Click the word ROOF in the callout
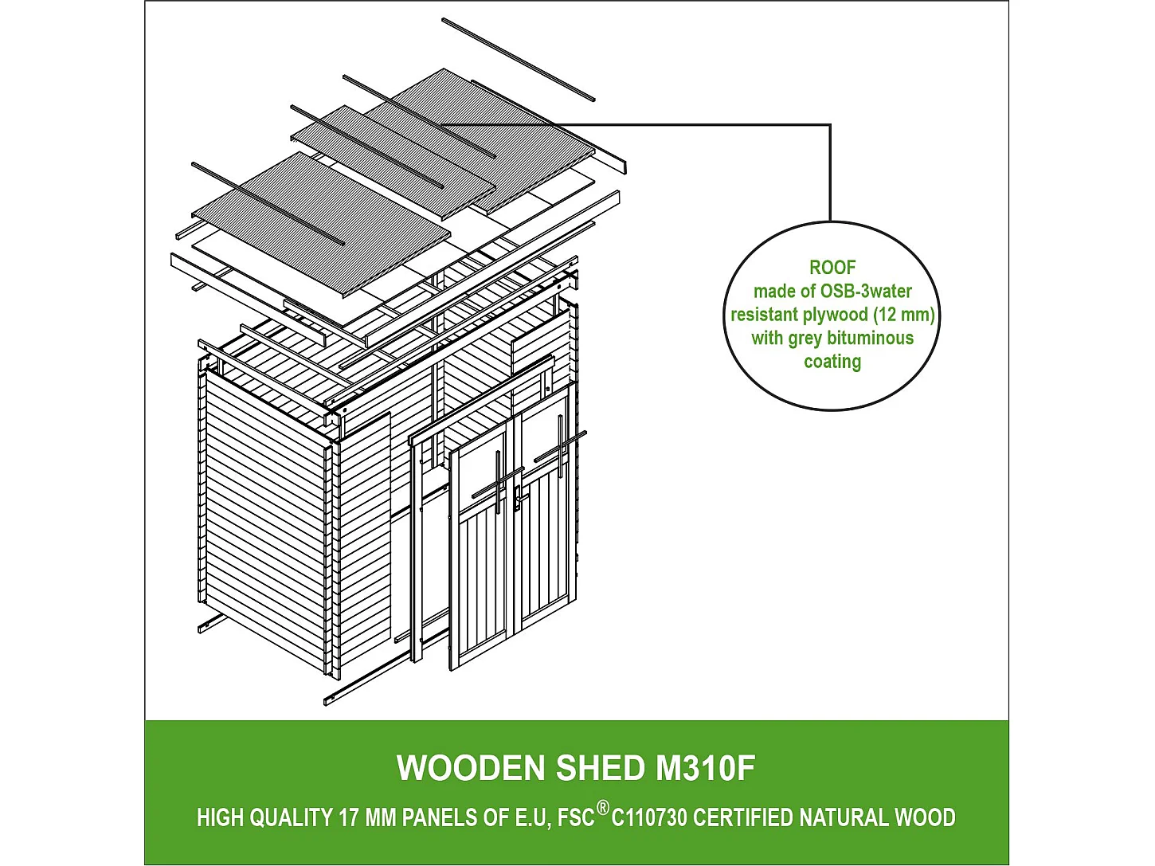(x=832, y=268)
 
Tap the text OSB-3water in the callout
(x=866, y=292)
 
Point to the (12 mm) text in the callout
(x=904, y=315)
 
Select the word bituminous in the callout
(x=871, y=338)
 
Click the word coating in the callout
(x=832, y=362)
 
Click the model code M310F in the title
(x=706, y=768)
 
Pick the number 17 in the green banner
(x=349, y=818)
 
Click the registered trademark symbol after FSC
(x=603, y=809)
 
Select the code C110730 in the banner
(x=650, y=818)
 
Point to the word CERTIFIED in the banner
(x=743, y=818)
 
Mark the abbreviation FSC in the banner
(x=576, y=818)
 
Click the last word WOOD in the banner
(x=925, y=818)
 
